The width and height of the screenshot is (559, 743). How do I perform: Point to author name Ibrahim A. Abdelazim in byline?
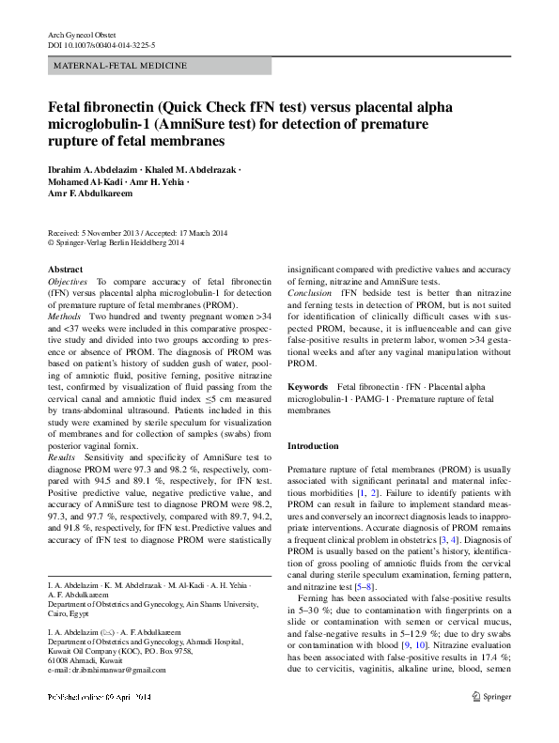point(91,169)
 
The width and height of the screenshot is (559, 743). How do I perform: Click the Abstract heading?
point(65,270)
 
